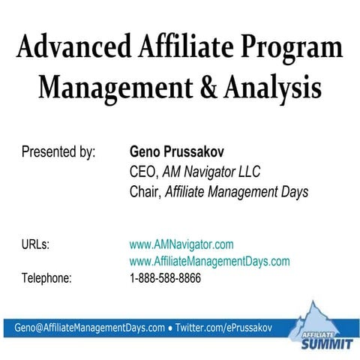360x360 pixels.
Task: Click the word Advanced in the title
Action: tap(64, 49)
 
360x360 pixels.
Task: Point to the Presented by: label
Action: tap(58, 153)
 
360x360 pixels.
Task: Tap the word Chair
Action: tap(145, 192)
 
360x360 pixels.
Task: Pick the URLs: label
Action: tap(35, 244)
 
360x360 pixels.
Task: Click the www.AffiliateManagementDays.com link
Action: tap(209, 261)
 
